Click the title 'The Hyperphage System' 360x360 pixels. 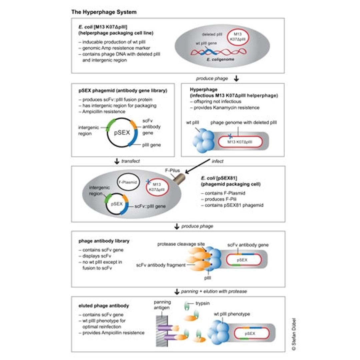104,12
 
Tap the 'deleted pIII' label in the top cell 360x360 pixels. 212,34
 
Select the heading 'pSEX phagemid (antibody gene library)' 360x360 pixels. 123,91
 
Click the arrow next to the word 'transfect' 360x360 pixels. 116,161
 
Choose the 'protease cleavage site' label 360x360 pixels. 181,244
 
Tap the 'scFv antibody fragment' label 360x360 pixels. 161,265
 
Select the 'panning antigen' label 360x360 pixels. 162,304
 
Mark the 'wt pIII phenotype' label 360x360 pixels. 232,314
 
